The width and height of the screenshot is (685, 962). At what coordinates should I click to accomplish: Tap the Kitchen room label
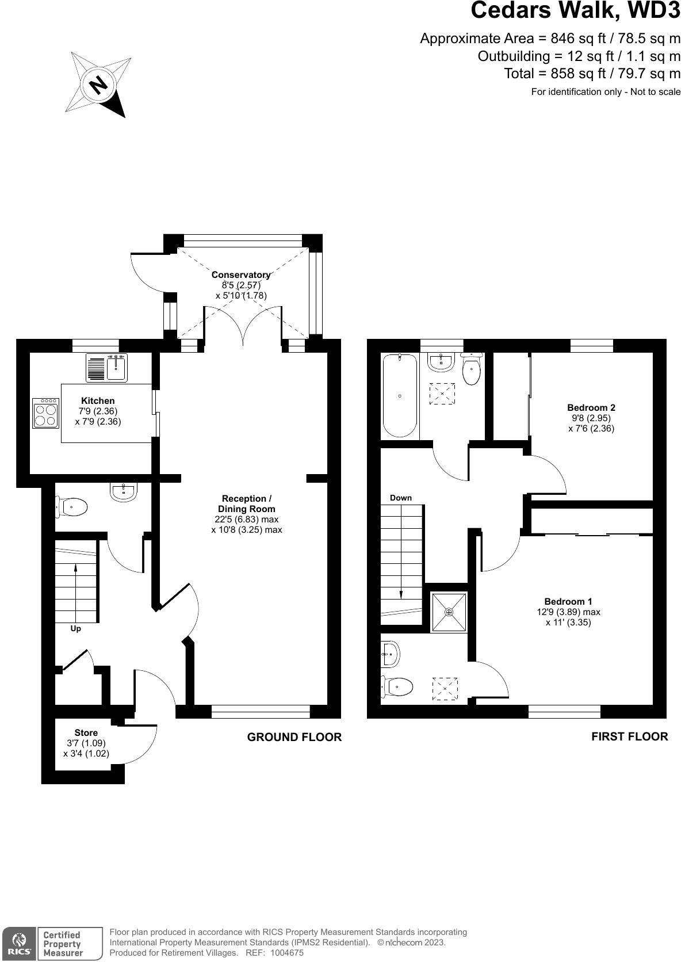pos(98,400)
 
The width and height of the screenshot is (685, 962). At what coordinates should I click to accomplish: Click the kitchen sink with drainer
pos(106,368)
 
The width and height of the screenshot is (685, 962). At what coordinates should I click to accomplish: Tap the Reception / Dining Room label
pos(246,503)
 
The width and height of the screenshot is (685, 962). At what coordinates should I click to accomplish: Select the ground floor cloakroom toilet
pos(72,507)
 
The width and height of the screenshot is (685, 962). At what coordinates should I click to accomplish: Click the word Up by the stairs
pos(75,629)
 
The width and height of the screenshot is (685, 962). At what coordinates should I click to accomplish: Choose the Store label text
pos(86,732)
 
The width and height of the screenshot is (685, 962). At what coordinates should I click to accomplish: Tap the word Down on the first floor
pos(400,498)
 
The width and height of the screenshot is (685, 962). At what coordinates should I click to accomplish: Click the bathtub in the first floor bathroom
pos(400,396)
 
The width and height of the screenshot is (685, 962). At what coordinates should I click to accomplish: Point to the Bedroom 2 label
pos(591,407)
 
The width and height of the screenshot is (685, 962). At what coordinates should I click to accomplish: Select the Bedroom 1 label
pos(568,602)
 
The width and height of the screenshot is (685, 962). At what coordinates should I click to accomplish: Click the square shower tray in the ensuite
pos(449,612)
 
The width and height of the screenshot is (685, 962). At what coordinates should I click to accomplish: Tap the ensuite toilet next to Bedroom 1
pos(398,686)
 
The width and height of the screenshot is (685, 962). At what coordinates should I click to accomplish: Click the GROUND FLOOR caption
pos(294,737)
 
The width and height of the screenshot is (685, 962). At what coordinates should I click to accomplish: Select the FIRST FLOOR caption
pos(629,736)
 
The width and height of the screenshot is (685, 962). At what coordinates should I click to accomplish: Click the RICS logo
pos(18,944)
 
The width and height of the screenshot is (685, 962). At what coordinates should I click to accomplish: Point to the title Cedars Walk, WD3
pos(575,11)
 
